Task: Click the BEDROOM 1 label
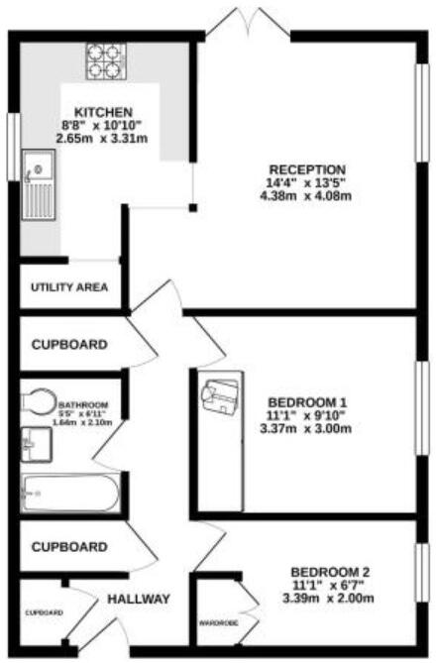click(307, 402)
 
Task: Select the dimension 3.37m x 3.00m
click(307, 429)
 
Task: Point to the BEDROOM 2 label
click(330, 572)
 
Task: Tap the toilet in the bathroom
click(40, 400)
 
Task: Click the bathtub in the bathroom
click(70, 493)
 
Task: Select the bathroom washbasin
click(37, 443)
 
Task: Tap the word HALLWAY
click(139, 600)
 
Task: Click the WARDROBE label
click(217, 623)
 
